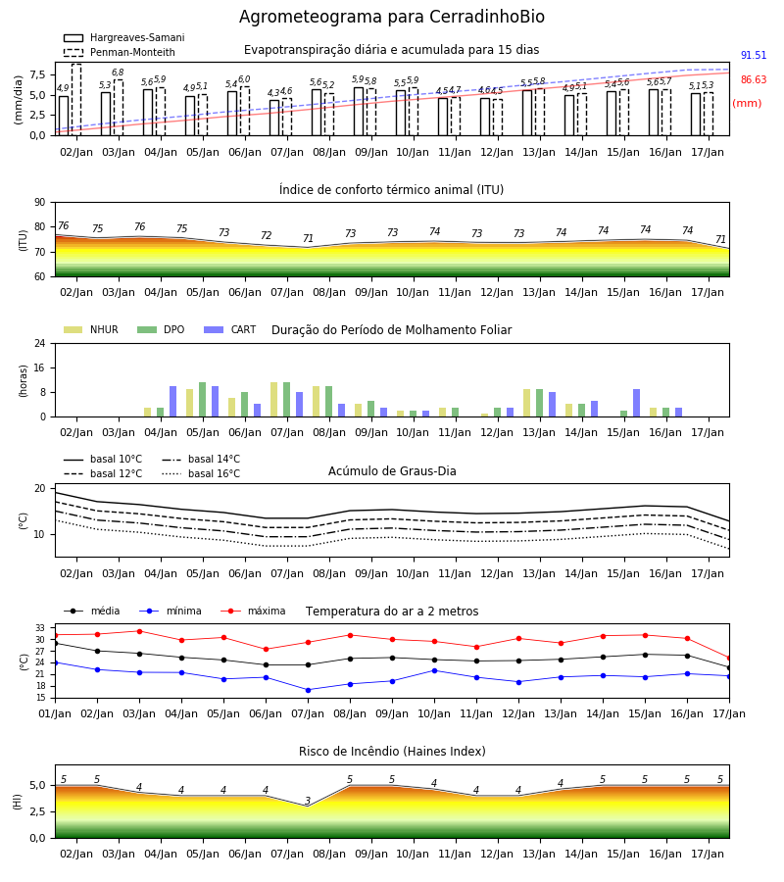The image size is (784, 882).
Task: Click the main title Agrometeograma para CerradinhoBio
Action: tap(391, 17)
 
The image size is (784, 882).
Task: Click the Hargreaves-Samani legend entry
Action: tap(123, 37)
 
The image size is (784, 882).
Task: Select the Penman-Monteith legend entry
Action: tap(120, 52)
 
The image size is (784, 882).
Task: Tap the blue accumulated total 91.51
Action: tap(753, 55)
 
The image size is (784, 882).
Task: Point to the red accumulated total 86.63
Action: tap(753, 80)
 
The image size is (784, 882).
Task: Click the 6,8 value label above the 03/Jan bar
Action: tap(118, 73)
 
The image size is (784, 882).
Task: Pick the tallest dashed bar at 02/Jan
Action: tap(76, 100)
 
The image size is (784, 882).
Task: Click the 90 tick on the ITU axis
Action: tap(40, 203)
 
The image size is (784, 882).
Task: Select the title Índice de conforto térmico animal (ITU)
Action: tap(391, 189)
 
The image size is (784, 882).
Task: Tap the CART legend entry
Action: tap(230, 329)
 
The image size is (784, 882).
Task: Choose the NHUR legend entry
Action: tap(91, 329)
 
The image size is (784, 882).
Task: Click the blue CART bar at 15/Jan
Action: tap(637, 403)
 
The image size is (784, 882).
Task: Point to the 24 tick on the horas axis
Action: tap(40, 343)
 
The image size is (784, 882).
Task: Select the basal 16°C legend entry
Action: tap(201, 473)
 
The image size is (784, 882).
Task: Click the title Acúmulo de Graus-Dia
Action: tap(392, 471)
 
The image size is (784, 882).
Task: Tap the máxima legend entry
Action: tap(253, 611)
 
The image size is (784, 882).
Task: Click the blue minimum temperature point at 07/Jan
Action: tap(308, 690)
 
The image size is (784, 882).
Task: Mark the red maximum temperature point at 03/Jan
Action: tap(139, 631)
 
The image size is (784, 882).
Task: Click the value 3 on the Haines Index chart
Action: tap(308, 801)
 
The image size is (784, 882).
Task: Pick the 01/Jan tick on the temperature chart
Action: tap(55, 713)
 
